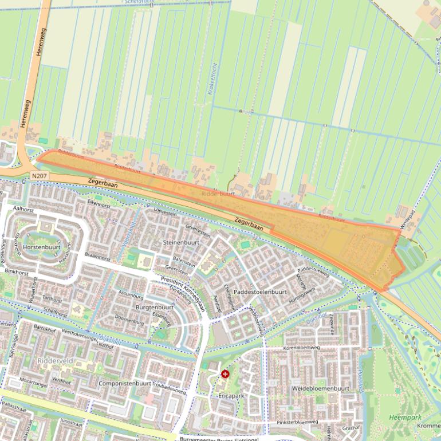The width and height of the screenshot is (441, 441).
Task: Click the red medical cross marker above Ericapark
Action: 225,374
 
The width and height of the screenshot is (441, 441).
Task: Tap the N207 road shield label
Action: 39,176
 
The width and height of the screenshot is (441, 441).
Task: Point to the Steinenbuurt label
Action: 181,242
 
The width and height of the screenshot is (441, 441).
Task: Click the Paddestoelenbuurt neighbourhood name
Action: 260,292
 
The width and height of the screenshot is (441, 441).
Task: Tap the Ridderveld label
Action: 54,361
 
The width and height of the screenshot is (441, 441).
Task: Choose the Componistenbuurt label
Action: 124,383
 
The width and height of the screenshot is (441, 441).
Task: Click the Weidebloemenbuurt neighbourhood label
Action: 320,388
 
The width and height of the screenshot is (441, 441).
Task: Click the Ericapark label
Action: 231,395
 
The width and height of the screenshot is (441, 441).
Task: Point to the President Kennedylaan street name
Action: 183,290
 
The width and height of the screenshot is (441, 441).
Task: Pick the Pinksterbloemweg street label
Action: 297,422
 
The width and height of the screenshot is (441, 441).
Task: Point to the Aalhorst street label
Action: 24,210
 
